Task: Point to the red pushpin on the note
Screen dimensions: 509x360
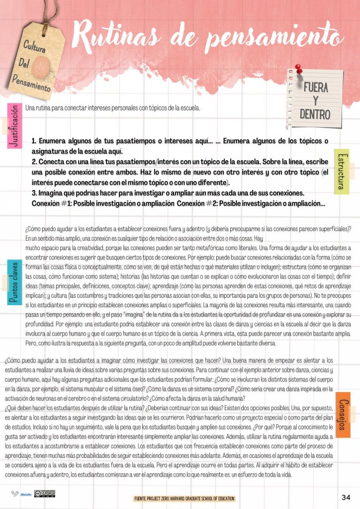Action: click(x=299, y=69)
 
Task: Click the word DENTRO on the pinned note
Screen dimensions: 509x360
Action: click(x=315, y=114)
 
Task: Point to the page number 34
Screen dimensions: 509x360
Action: click(x=346, y=498)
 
